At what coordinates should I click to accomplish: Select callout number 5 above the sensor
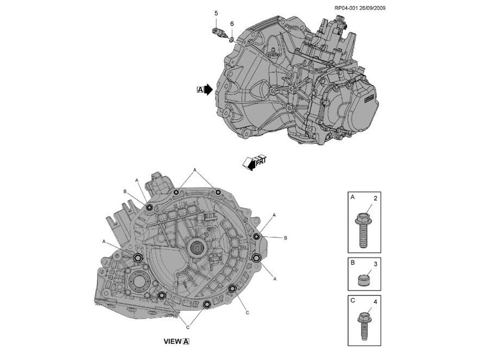pyautogui.click(x=216, y=13)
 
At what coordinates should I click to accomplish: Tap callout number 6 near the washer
pyautogui.click(x=232, y=24)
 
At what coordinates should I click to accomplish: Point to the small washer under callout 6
pyautogui.click(x=232, y=39)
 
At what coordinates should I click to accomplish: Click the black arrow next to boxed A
pyautogui.click(x=209, y=90)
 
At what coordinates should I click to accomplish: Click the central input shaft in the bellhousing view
pyautogui.click(x=196, y=249)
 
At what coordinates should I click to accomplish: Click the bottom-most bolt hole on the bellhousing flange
pyautogui.click(x=206, y=305)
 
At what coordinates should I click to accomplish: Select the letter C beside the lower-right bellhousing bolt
pyautogui.click(x=247, y=313)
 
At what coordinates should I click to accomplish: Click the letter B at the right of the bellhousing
pyautogui.click(x=285, y=238)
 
